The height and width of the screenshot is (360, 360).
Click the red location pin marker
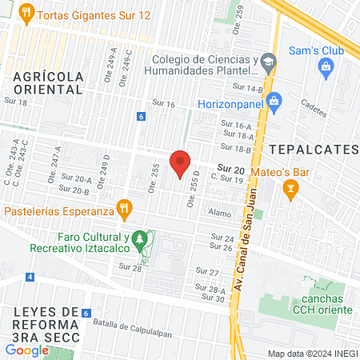(x=181, y=162)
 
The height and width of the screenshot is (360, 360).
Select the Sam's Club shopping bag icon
(x=326, y=68)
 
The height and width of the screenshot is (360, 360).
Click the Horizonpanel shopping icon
(x=274, y=102)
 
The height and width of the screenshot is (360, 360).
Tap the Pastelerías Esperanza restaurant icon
(x=123, y=210)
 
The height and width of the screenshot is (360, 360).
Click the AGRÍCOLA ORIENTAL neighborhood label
(x=49, y=82)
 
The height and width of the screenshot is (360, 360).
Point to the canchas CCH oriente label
(x=322, y=305)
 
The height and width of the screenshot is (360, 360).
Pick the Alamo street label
(x=219, y=214)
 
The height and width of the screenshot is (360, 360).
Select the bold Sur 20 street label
(x=231, y=169)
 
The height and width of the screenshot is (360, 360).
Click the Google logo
(x=26, y=350)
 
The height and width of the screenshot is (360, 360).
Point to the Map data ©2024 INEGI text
(x=311, y=354)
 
